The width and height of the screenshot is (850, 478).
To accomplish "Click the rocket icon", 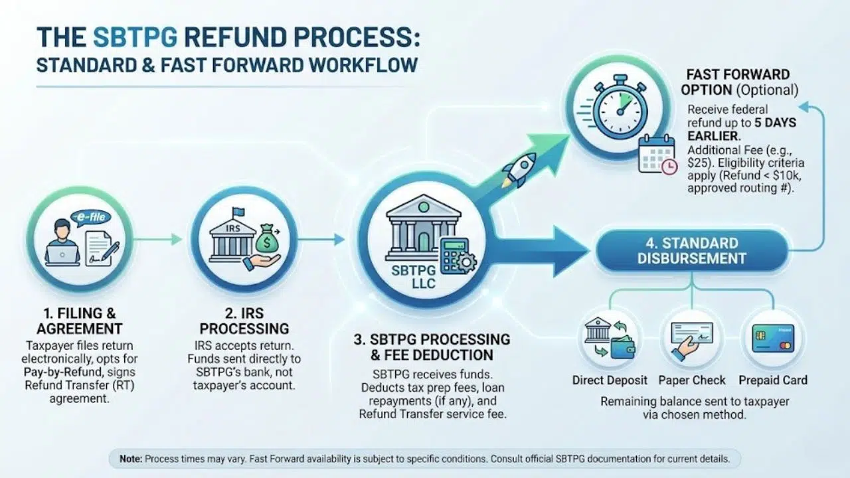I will click(519, 169).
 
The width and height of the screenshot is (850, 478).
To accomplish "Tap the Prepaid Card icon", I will click(773, 338).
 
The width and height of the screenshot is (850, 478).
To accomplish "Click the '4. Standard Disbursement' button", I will click(692, 250).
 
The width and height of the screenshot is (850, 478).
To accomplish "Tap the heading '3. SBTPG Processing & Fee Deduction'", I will click(432, 347).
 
